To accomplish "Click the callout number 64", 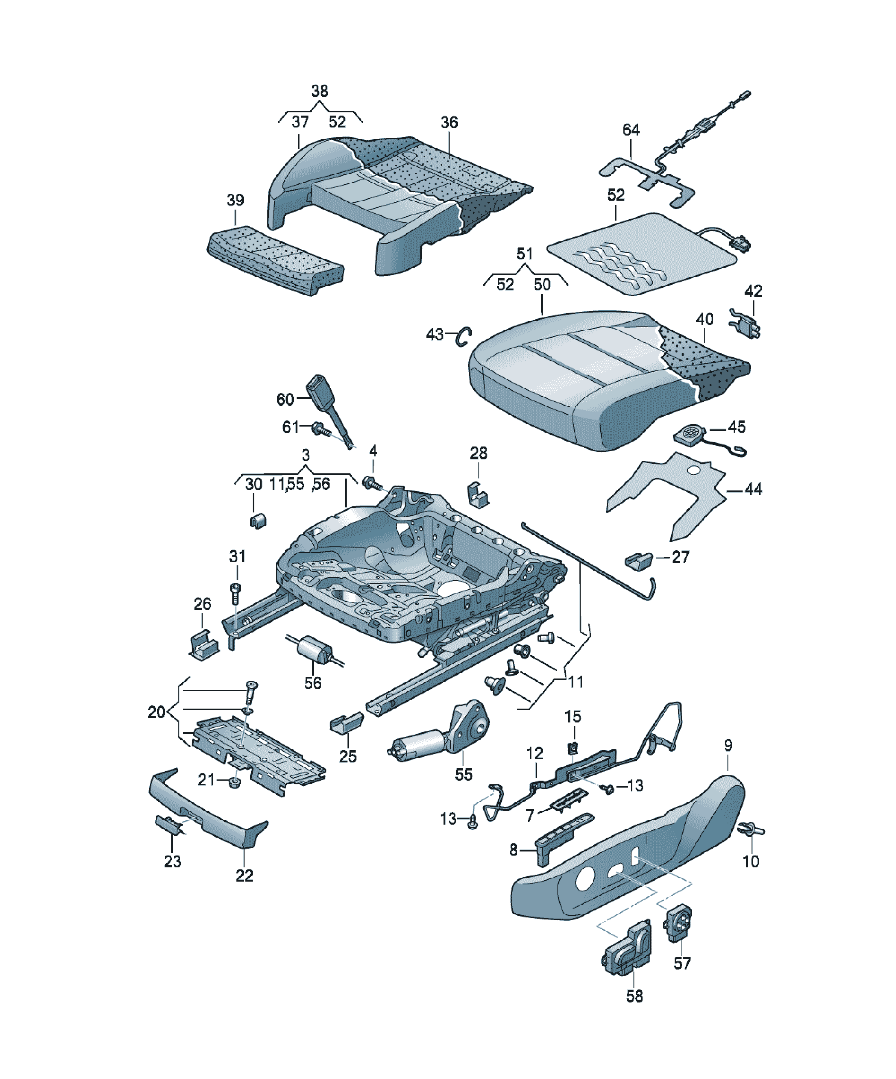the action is click(x=630, y=129).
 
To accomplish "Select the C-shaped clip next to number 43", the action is click(x=464, y=337).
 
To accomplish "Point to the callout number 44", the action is click(x=753, y=489).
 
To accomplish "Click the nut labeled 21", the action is click(x=235, y=783).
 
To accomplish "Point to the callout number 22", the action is click(x=244, y=875).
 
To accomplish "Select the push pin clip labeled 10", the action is click(x=751, y=829).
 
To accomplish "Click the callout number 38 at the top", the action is click(x=319, y=92).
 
